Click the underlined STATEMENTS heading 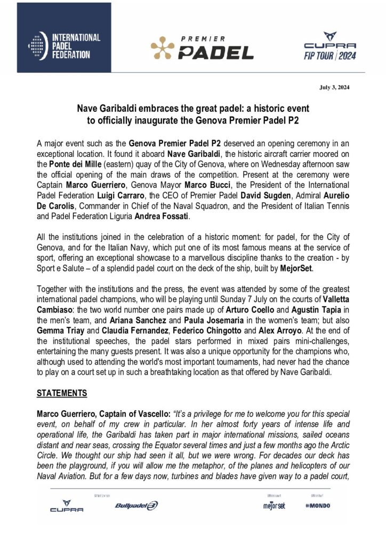click(61, 394)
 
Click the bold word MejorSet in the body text click(294, 269)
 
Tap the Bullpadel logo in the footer click(136, 505)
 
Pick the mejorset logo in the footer click(274, 505)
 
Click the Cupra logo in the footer click(67, 506)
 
